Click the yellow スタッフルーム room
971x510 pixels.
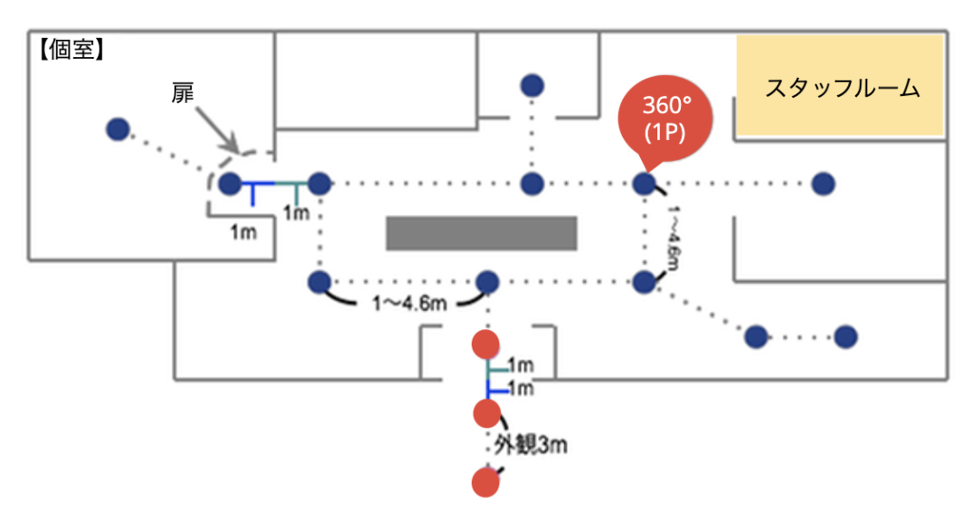(841, 87)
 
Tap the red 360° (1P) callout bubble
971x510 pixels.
(665, 117)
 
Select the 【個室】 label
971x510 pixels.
(72, 49)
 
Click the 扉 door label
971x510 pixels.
(183, 93)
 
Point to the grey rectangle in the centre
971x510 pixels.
(481, 232)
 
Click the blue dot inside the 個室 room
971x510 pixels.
(117, 129)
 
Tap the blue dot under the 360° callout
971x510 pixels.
(644, 184)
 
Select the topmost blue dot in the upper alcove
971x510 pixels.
(532, 86)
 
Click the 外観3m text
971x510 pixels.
(530, 445)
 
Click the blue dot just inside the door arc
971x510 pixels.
(231, 184)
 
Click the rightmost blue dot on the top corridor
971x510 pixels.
(822, 184)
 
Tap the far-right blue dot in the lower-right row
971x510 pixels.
(845, 337)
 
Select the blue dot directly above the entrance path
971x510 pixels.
(488, 282)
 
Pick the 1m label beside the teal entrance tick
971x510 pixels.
(520, 366)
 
